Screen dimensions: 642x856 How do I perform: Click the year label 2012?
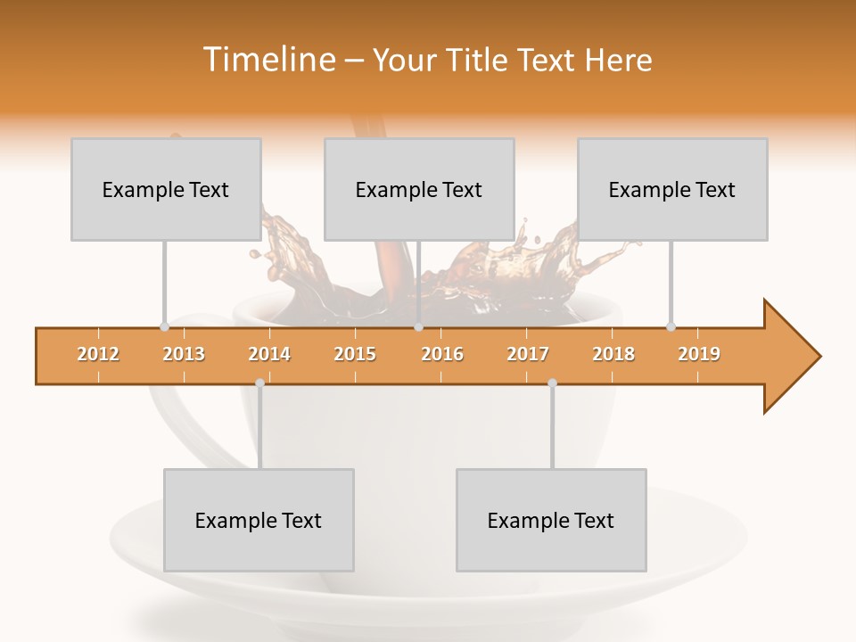pyautogui.click(x=98, y=354)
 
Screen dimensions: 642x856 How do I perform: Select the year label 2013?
pyautogui.click(x=184, y=354)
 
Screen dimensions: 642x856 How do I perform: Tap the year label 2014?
pyautogui.click(x=269, y=354)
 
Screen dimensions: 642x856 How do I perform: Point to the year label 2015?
pyautogui.click(x=355, y=354)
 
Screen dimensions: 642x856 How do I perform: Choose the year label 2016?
pyautogui.click(x=442, y=354)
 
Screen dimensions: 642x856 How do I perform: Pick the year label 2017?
pyautogui.click(x=528, y=354)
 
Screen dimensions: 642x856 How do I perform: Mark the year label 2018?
pyautogui.click(x=613, y=354)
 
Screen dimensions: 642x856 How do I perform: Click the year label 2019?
pyautogui.click(x=699, y=354)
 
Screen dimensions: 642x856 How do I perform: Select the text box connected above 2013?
pyautogui.click(x=166, y=189)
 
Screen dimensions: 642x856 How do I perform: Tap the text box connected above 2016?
pyautogui.click(x=419, y=189)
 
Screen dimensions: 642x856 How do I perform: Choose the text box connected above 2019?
pyautogui.click(x=672, y=189)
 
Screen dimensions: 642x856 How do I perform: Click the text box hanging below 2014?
pyautogui.click(x=259, y=520)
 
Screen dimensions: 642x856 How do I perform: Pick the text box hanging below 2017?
pyautogui.click(x=551, y=520)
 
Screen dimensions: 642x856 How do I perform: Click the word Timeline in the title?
pyautogui.click(x=267, y=60)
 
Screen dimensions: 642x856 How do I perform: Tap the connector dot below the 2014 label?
pyautogui.click(x=259, y=383)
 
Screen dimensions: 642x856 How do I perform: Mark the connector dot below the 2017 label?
pyautogui.click(x=552, y=383)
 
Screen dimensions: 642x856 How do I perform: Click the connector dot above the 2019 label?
pyautogui.click(x=671, y=326)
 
